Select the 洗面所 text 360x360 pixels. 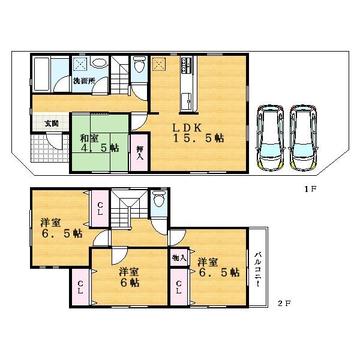click(85, 81)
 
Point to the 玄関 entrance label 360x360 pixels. click(51, 124)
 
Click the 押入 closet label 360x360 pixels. click(139, 152)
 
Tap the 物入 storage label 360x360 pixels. click(179, 257)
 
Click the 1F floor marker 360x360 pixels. click(309, 189)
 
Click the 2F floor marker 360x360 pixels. click(284, 303)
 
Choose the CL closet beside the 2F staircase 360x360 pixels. click(100, 207)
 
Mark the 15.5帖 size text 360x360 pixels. click(199, 138)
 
